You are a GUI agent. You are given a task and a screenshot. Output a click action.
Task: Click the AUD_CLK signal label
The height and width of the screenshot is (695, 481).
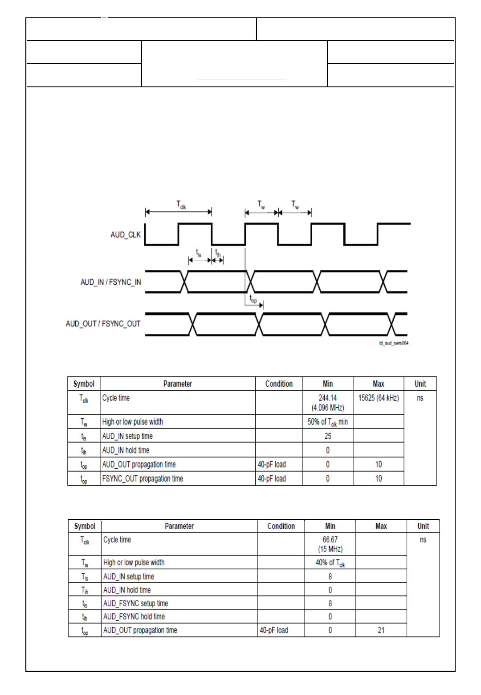(126, 235)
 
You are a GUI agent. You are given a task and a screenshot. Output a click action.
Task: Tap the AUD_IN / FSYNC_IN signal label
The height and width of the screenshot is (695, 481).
(111, 282)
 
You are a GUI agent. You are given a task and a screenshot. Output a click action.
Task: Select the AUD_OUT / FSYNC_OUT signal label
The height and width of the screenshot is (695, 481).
(103, 324)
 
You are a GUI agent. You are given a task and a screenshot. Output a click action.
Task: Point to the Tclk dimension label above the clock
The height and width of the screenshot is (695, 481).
(181, 204)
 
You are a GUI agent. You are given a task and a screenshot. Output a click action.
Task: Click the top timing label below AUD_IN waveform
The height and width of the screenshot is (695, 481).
(253, 299)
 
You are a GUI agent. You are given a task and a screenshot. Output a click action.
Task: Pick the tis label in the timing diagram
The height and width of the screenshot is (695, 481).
(199, 253)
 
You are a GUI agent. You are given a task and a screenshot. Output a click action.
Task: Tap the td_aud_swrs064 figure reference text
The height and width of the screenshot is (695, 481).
(394, 343)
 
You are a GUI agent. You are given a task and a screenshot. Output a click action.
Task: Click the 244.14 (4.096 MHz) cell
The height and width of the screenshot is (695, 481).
(328, 403)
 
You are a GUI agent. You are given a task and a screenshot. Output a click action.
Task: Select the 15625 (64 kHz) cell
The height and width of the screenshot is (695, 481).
(379, 398)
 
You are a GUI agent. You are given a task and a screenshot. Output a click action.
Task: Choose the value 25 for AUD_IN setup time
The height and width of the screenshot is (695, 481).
(328, 436)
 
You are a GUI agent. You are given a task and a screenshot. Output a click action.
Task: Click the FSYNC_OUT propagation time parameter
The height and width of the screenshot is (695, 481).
(143, 478)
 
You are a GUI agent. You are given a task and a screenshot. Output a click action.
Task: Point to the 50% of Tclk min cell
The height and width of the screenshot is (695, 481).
(328, 422)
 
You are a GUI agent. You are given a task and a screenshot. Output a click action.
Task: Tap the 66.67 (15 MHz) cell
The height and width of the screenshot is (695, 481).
(330, 544)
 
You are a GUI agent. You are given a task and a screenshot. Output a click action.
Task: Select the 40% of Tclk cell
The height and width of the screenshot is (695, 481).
(330, 563)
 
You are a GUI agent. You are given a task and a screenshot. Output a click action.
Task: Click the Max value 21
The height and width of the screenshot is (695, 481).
(381, 630)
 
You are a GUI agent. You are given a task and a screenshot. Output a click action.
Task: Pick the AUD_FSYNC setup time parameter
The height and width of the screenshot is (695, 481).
(135, 603)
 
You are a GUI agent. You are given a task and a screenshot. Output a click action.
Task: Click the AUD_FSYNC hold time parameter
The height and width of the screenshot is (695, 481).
(134, 617)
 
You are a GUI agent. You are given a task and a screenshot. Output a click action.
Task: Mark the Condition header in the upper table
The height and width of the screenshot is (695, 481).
(279, 384)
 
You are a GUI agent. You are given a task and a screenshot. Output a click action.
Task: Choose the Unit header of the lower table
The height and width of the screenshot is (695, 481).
(423, 526)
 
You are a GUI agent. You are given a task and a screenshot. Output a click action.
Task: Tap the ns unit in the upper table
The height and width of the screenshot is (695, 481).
(420, 398)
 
